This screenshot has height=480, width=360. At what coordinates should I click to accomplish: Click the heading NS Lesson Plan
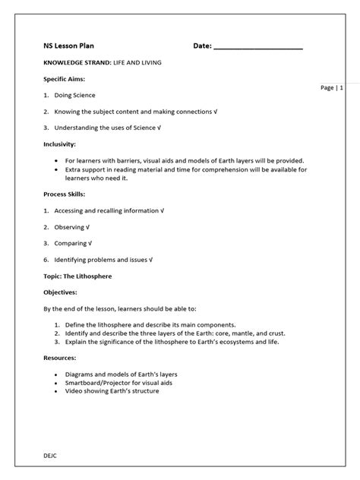(69, 46)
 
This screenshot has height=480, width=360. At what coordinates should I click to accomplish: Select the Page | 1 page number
(332, 88)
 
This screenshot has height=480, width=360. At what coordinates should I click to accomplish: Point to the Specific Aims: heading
(64, 79)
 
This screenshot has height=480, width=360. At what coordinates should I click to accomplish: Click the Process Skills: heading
(63, 194)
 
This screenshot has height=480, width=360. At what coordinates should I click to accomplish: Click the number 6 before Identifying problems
(46, 260)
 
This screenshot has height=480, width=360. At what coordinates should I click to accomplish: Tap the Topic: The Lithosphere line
(77, 276)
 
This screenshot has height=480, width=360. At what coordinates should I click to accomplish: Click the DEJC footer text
(51, 454)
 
